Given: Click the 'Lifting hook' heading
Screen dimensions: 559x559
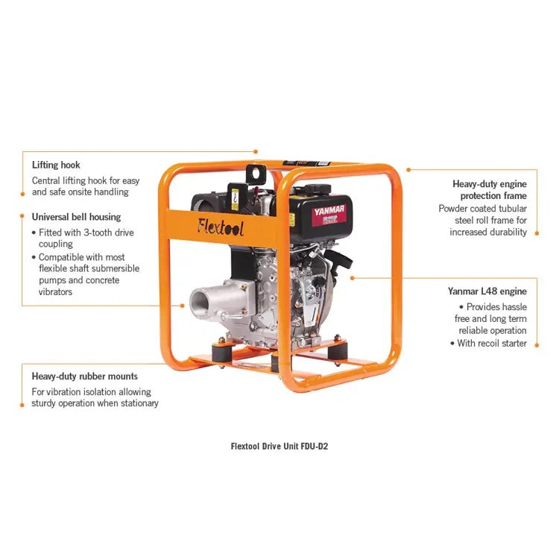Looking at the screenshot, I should click(56, 165).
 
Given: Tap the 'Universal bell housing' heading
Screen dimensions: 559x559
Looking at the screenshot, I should click(76, 217).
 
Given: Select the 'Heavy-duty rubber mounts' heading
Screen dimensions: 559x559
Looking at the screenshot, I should click(84, 376).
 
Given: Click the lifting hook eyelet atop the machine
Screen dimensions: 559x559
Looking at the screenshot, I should click(258, 173).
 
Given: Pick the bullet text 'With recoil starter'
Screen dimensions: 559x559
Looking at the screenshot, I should click(491, 344).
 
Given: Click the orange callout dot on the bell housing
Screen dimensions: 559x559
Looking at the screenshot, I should click(183, 305).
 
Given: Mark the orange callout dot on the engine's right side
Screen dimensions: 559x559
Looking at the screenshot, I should click(351, 277).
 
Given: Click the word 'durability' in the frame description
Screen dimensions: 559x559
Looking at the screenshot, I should click(507, 233).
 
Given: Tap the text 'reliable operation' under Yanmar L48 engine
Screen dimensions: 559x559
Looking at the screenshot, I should click(493, 331).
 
